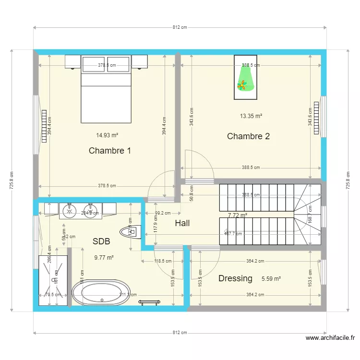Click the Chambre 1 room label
point(110,151)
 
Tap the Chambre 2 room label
point(248,136)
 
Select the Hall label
point(182,223)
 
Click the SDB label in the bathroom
point(101,241)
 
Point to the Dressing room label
point(235,278)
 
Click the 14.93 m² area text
point(107,135)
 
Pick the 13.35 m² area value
point(251,116)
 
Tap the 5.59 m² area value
point(271,278)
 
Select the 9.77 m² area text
point(104,257)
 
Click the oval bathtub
point(100,293)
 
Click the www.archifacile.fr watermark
point(331,338)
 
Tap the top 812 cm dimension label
point(180,27)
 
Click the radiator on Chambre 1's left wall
point(44,122)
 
